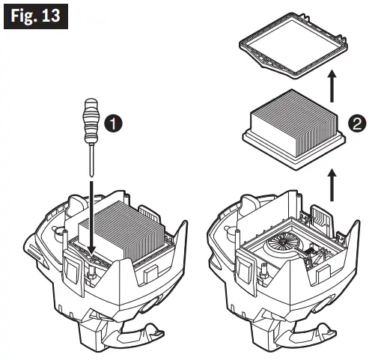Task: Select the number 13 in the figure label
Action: pyautogui.click(x=51, y=16)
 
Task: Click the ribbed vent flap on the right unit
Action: pyautogui.click(x=323, y=220)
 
